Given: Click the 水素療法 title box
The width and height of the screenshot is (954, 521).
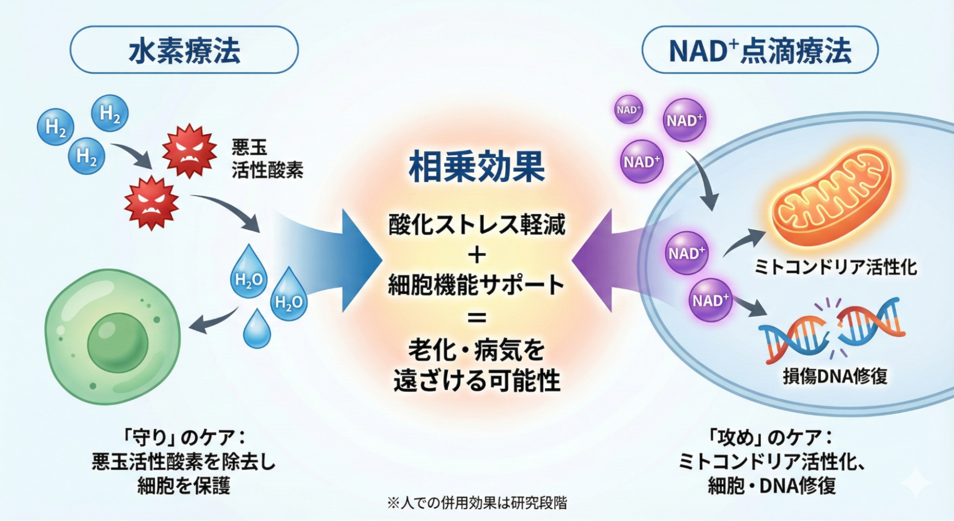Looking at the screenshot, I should click(x=184, y=50).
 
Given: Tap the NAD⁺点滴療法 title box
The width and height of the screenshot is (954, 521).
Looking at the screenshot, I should click(x=760, y=50).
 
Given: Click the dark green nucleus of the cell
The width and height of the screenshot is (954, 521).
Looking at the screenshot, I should click(x=118, y=342).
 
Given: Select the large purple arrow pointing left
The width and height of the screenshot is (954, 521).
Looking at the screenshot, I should click(x=601, y=260).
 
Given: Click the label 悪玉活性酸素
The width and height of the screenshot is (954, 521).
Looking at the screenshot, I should click(x=267, y=159).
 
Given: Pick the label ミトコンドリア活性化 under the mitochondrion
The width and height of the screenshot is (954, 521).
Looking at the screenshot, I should click(x=835, y=267).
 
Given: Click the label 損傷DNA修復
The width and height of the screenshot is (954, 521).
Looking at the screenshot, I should click(x=835, y=376).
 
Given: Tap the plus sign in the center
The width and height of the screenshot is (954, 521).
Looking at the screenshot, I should click(x=477, y=255).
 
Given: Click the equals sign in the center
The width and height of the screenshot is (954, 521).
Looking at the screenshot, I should click(x=477, y=317).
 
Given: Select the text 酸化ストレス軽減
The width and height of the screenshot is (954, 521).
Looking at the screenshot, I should click(x=477, y=225).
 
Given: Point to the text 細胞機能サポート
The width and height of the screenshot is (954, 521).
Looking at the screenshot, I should click(x=476, y=285).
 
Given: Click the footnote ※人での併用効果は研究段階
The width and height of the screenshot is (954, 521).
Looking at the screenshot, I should click(x=477, y=503).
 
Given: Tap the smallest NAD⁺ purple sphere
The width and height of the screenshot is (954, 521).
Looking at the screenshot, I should click(x=628, y=109).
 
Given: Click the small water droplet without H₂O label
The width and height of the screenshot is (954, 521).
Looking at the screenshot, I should click(x=257, y=329).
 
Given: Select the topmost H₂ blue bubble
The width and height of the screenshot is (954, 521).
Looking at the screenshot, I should click(x=110, y=113).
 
